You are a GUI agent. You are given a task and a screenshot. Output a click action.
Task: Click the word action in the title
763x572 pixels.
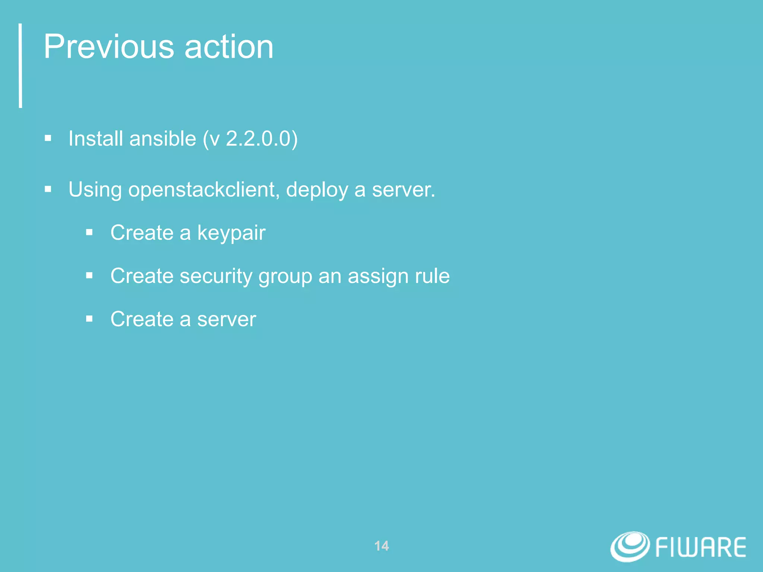229,47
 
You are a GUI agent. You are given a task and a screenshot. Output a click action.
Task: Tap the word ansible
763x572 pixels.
163,139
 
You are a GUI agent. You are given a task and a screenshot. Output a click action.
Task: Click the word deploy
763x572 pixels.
317,190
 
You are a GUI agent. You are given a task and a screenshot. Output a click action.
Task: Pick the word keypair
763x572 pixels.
231,233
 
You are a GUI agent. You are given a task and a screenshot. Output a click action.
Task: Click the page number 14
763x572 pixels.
381,546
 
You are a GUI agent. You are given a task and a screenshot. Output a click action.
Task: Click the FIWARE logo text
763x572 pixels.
700,547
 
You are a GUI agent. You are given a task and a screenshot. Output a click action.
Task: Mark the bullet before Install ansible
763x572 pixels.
48,139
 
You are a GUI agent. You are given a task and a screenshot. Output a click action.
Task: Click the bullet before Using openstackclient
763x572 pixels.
48,189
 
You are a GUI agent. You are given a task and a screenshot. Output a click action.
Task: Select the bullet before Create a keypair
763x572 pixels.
89,233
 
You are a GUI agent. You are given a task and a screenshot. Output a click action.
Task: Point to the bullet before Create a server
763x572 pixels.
89,319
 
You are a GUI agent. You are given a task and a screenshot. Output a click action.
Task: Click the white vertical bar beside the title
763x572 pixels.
20,66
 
